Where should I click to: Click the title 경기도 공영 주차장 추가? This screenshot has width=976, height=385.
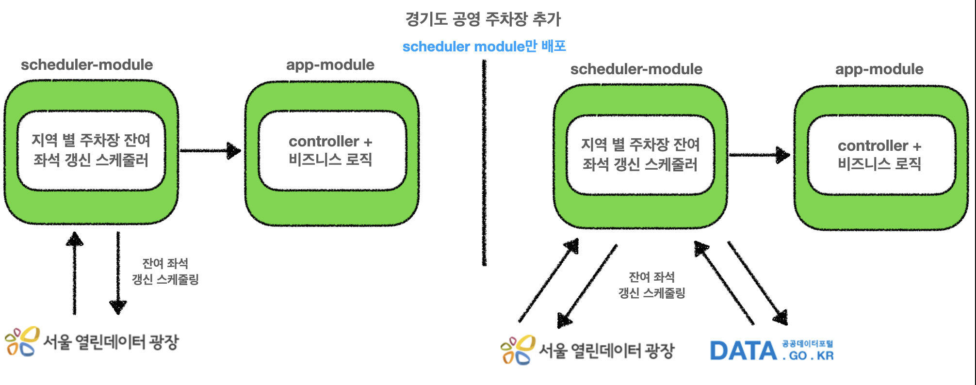[483, 19]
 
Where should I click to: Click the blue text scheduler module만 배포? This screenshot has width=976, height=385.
[484, 47]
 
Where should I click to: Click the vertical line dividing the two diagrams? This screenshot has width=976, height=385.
[484, 162]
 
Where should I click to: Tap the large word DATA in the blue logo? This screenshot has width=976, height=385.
[743, 351]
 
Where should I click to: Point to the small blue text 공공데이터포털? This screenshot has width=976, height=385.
[807, 344]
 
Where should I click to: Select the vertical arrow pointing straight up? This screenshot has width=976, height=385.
[74, 274]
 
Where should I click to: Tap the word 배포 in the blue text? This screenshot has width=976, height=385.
[553, 47]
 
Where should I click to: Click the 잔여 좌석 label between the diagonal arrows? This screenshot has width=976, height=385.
[651, 277]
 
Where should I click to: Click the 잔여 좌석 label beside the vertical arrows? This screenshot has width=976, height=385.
[165, 263]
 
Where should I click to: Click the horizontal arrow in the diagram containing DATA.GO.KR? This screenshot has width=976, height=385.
[759, 155]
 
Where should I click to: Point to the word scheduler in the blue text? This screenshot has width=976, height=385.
[436, 47]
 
